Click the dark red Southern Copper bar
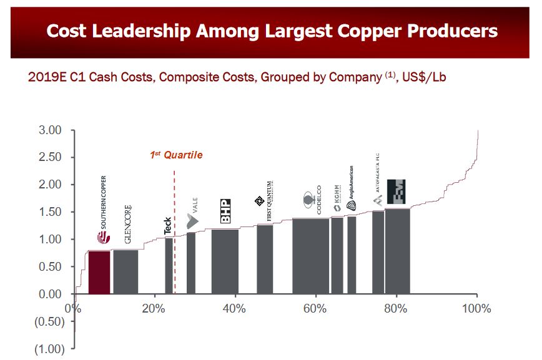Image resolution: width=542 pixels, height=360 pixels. pos(99,272)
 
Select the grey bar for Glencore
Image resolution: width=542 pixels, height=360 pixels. pos(126,272)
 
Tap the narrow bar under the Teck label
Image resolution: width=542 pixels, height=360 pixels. pos(169,266)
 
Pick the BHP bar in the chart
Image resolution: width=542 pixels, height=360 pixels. pos(225,262)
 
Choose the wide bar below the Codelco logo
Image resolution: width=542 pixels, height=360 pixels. pos(310,256)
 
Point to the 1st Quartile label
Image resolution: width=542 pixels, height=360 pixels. pos(176,155)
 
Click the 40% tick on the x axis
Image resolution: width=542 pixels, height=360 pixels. pos(235,308)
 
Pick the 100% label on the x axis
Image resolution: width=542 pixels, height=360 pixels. pos(477,308)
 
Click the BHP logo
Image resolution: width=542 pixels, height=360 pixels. pos(226,212)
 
